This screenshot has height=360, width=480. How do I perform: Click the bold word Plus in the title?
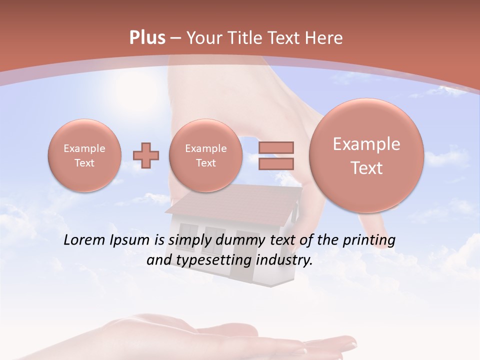point(147,38)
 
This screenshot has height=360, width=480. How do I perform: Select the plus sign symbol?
point(146,156)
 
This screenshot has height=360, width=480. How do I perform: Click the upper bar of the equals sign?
point(275,147)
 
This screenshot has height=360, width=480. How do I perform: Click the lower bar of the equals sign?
point(275,163)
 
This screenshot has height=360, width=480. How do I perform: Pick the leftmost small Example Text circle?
point(84,155)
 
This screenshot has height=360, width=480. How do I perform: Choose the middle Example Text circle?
point(205,155)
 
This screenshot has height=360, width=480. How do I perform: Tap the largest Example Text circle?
point(366,155)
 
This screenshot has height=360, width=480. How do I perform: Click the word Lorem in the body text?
point(85,240)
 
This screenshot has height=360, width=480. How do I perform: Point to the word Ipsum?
point(129,240)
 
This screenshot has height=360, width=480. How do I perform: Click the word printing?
point(368,240)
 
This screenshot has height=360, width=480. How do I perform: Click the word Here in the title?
point(326,38)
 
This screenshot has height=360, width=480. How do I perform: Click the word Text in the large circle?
point(366,168)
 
